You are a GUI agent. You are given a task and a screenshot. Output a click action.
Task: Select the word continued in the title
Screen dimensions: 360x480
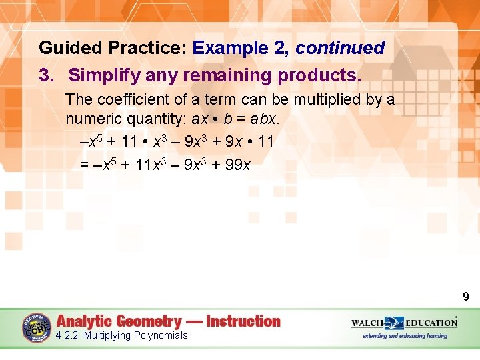(x=340, y=48)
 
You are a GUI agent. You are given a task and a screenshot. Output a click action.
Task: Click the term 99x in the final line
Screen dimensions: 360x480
(x=238, y=164)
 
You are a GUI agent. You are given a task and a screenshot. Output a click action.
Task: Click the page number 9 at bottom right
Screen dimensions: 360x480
(x=466, y=297)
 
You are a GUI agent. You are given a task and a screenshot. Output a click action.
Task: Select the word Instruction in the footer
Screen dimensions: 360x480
(x=243, y=321)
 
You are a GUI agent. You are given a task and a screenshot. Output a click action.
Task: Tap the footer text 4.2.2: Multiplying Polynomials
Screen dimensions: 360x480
(x=122, y=335)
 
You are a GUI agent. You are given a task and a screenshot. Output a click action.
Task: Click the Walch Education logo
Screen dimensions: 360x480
(x=404, y=323)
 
